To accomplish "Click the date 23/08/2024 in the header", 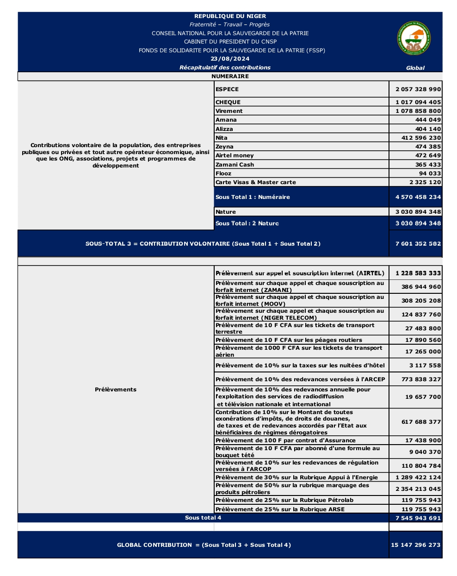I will tap(230, 59).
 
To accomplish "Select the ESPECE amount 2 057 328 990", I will tap(418, 89).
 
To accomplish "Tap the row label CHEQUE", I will tap(228, 102).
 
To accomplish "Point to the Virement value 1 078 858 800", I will tap(418, 111).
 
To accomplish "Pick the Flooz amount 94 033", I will tap(430, 173).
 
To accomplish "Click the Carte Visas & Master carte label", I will tap(255, 182).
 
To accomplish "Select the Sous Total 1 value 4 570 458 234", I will tap(418, 197).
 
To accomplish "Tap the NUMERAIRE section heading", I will tap(230, 76).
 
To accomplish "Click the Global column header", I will tap(415, 68).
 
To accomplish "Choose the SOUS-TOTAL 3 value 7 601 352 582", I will tap(418, 244).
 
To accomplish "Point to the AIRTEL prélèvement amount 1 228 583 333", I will tap(418, 273).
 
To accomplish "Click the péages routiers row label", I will tap(289, 340).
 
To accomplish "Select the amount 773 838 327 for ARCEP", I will tap(421, 379).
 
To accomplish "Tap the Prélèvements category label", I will tap(116, 390).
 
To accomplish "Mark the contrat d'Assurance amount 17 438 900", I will tap(423, 440).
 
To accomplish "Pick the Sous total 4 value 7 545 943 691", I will tap(418, 518).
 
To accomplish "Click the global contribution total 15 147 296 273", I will tap(415, 545).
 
